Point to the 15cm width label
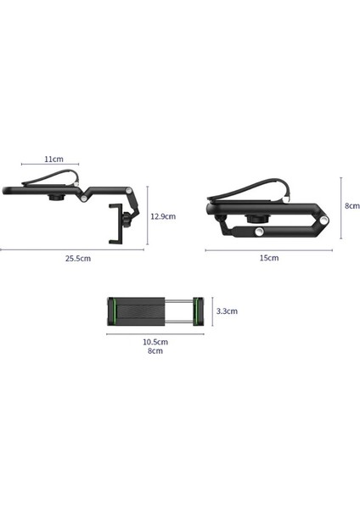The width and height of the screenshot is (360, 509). (268, 258)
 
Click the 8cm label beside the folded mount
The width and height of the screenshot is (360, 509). (352, 205)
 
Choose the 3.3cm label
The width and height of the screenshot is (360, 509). (228, 311)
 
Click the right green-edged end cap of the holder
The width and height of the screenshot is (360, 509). (199, 310)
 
